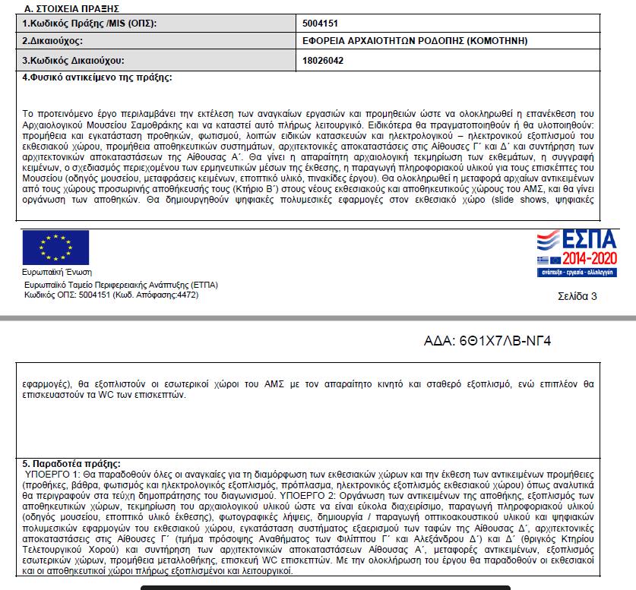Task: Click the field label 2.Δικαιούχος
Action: tap(52, 40)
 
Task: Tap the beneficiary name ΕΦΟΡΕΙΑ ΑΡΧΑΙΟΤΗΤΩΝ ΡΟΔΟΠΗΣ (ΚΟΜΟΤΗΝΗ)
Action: tap(415, 40)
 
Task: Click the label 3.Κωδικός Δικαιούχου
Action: tap(72, 60)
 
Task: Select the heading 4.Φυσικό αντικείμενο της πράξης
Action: tap(97, 77)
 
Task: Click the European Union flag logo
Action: tap(55, 247)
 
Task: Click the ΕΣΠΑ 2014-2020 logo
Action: tap(577, 254)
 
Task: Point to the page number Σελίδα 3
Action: tap(577, 296)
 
